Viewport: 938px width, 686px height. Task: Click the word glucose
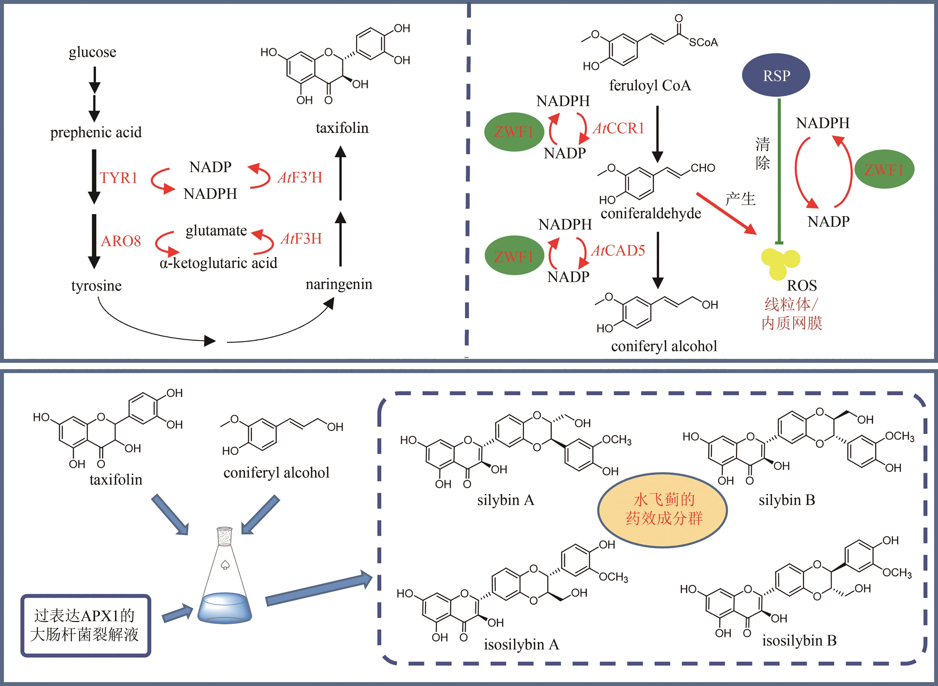(92, 52)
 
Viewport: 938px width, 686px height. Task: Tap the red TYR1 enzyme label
(118, 178)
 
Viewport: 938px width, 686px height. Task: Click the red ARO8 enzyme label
(121, 241)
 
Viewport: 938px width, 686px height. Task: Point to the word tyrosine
(96, 286)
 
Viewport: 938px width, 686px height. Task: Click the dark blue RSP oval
(776, 75)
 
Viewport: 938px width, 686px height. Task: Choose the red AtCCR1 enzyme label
(618, 128)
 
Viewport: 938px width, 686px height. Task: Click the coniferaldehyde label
(651, 213)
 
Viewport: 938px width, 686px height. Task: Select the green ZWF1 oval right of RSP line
(884, 169)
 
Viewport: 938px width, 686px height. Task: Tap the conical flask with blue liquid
(225, 581)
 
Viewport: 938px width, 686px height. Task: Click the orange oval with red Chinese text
(662, 509)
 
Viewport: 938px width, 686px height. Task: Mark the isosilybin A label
(521, 645)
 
